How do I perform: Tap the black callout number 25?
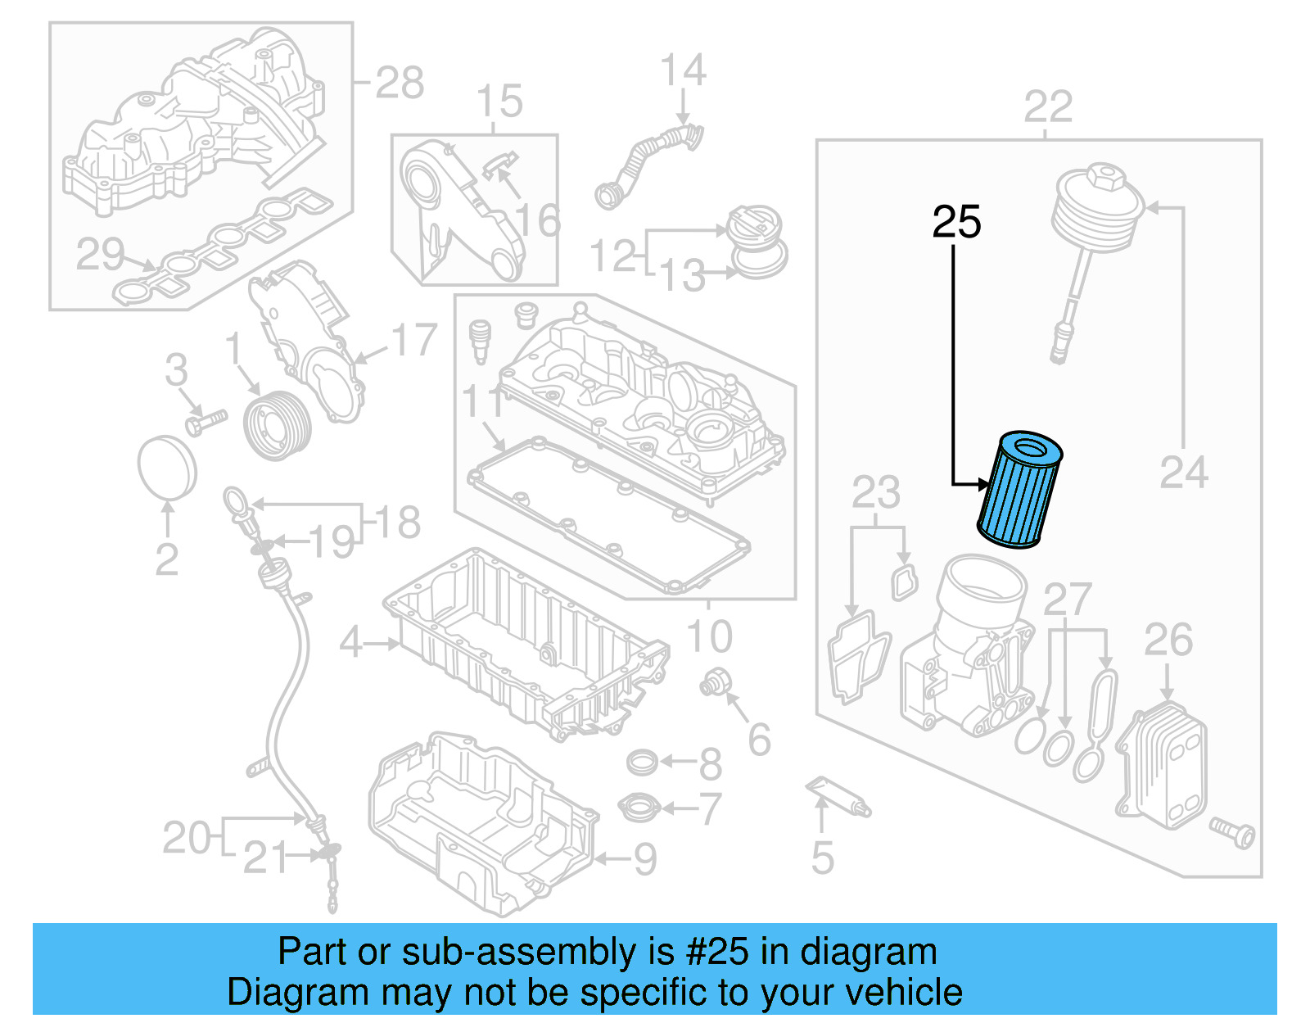coord(956,222)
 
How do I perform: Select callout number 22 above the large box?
coord(1048,107)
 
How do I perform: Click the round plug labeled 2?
coord(167,467)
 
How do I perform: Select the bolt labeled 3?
coord(205,423)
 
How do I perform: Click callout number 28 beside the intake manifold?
coord(400,83)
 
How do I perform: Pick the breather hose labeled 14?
coord(647,160)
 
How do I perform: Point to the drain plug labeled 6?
coord(715,681)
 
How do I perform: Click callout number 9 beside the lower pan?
coord(645,859)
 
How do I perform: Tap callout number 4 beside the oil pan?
coord(350,643)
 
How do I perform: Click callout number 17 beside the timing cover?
coord(413,340)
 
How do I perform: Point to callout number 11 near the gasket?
coord(483,403)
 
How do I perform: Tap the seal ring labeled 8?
coord(642,763)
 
